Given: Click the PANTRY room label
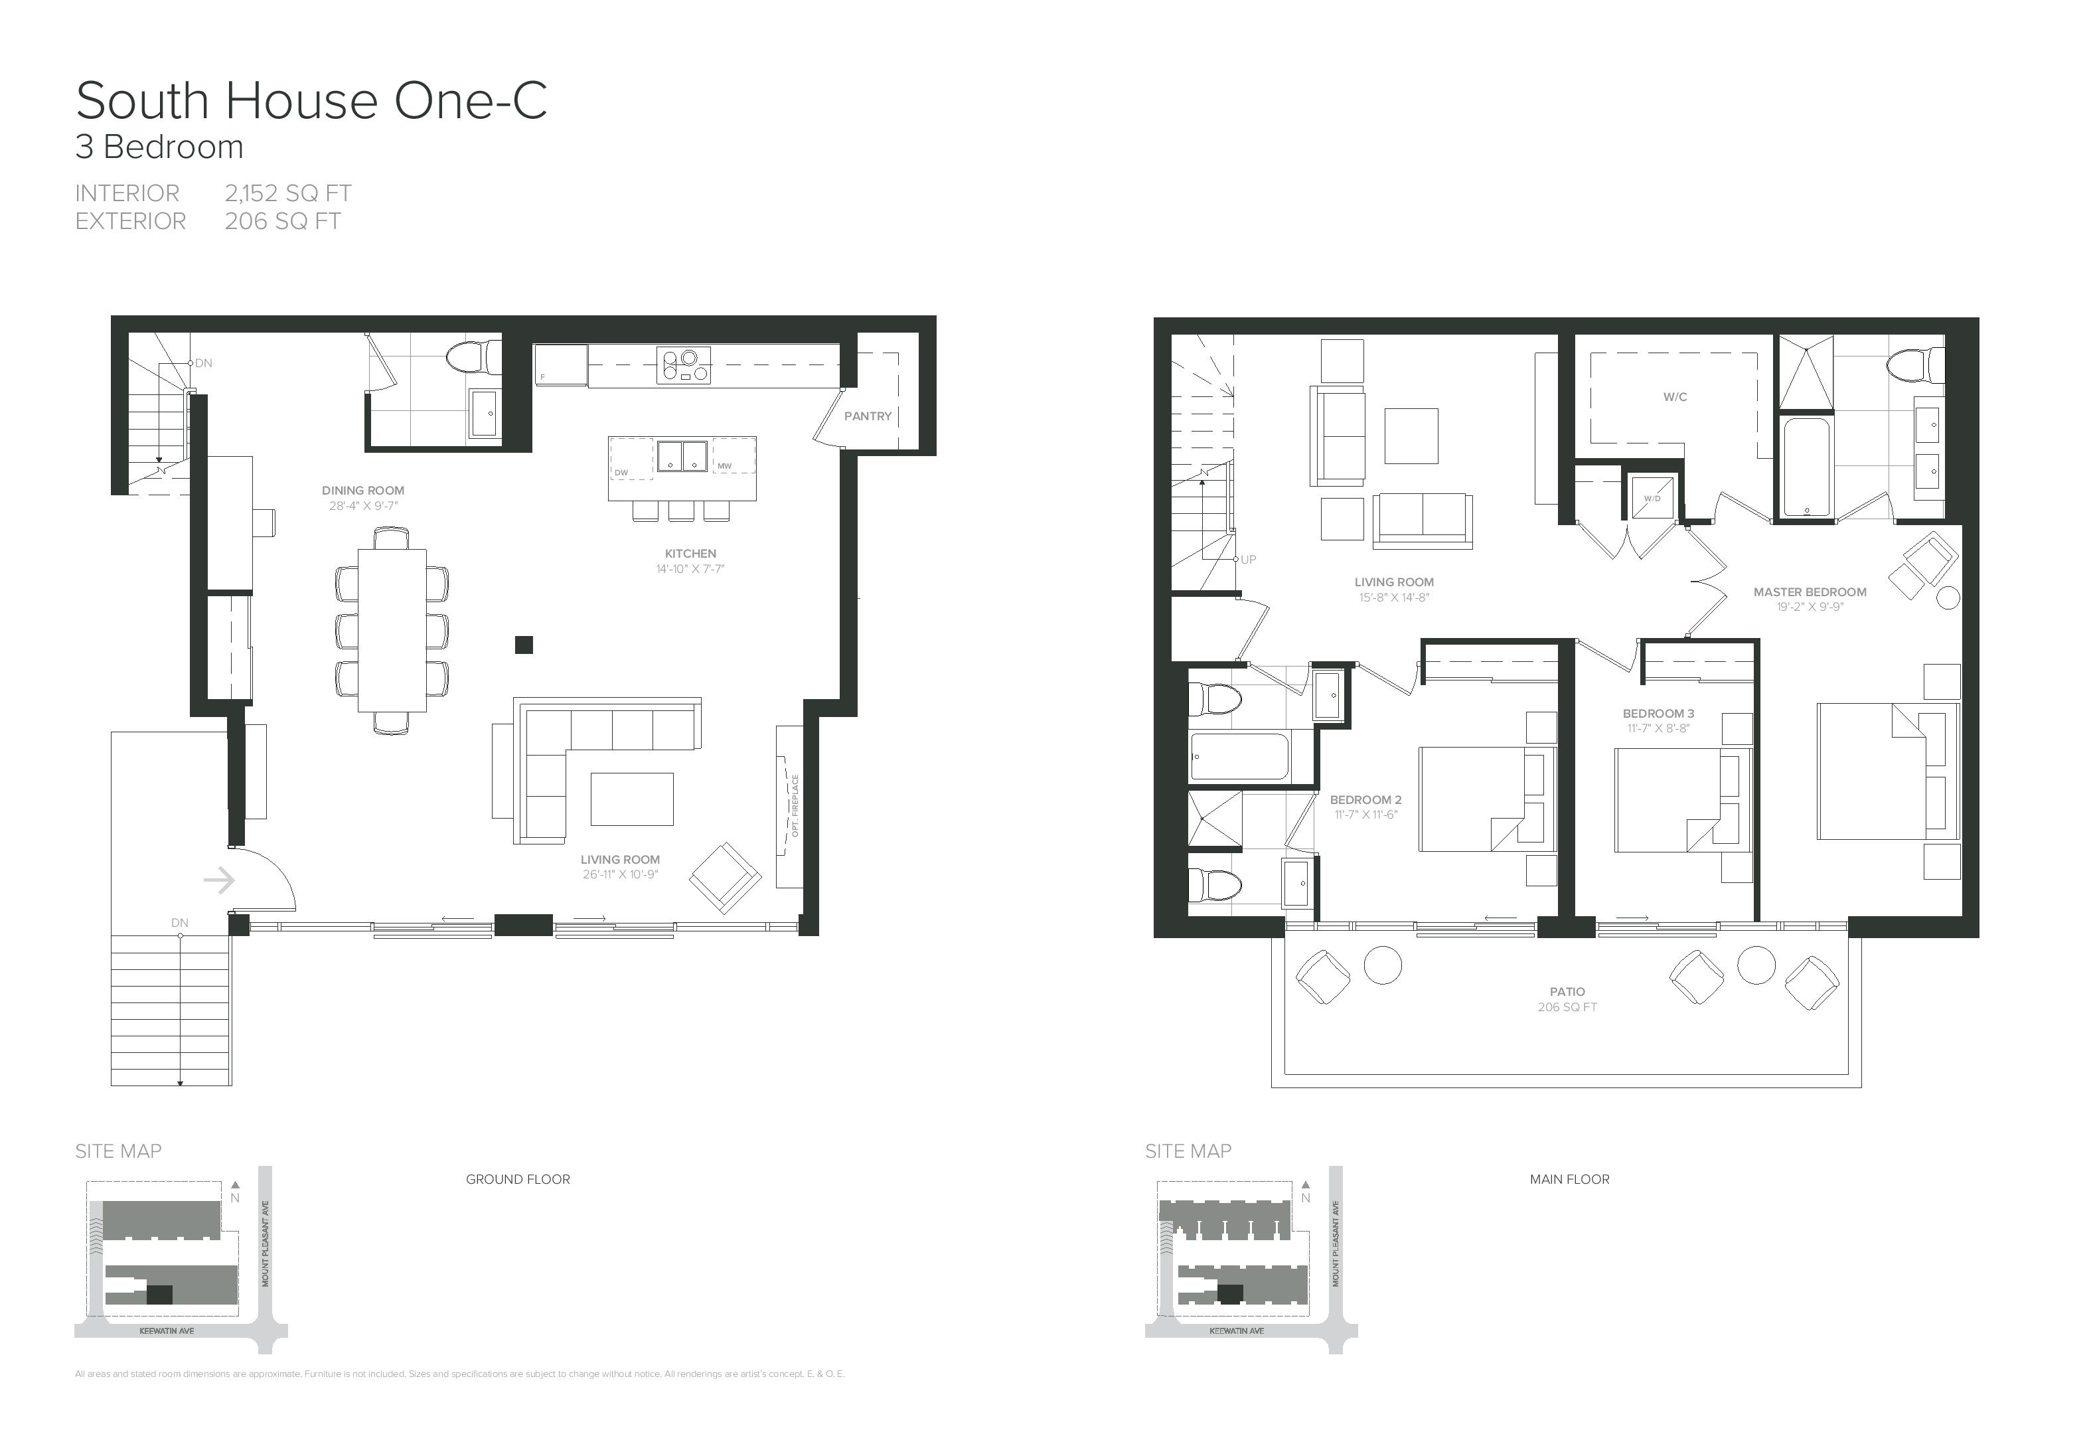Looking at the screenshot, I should (868, 416).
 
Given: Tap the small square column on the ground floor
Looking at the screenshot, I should (524, 645).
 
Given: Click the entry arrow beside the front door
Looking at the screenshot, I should (219, 880).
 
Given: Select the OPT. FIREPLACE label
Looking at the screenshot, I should (795, 806).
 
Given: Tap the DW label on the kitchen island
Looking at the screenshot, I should (621, 472).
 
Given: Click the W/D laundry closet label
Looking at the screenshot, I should (1652, 499).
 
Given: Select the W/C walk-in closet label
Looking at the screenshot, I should (1674, 397).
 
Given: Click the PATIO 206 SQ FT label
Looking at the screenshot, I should (1567, 999).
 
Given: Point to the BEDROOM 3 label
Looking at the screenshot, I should (1658, 714).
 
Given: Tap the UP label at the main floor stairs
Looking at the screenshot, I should (1248, 560).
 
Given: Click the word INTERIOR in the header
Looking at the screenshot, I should (127, 194).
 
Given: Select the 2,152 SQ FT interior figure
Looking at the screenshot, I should (287, 194).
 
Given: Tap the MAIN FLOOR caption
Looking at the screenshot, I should (1569, 1179).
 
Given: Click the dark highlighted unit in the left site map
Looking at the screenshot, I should (159, 1295).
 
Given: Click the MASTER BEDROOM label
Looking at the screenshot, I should (1809, 593).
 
